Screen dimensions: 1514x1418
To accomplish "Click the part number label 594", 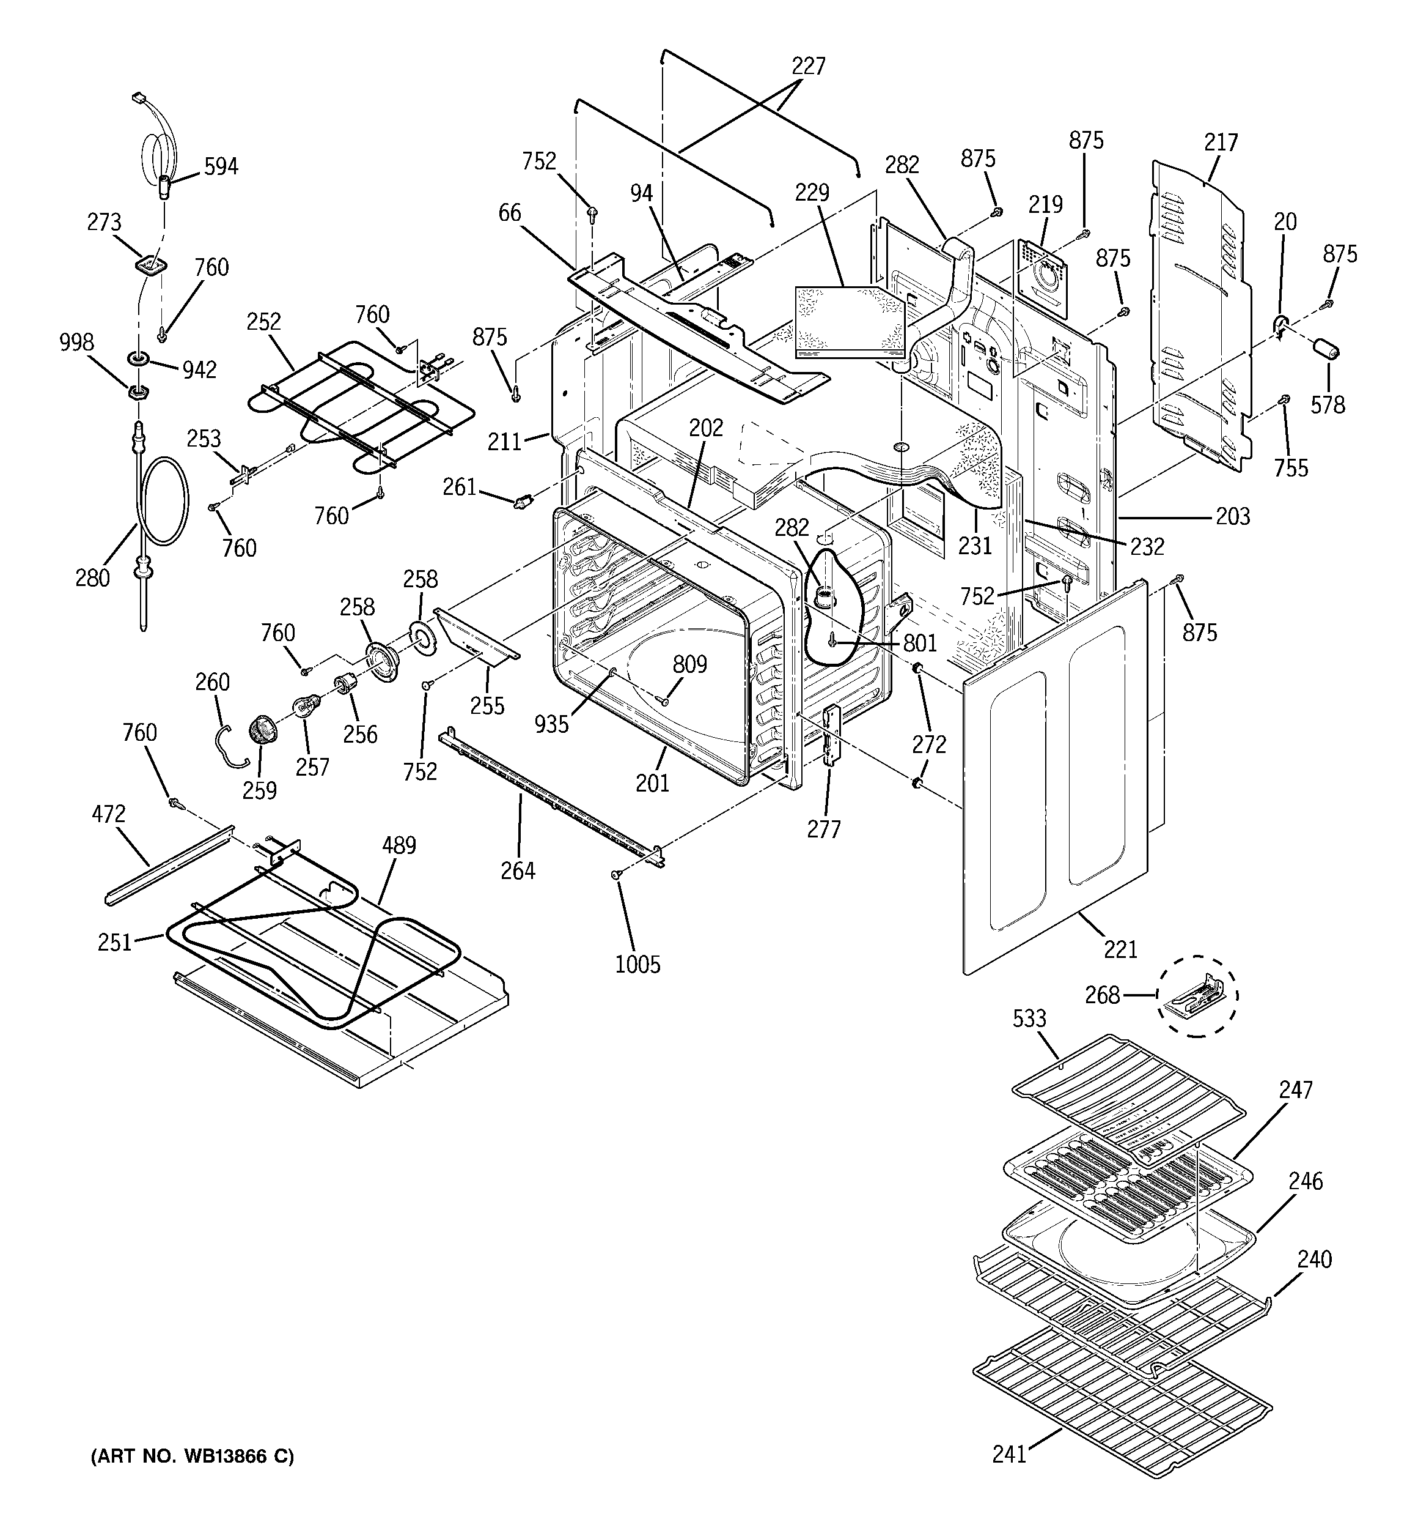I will [221, 166].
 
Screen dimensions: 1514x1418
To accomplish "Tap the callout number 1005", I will [638, 964].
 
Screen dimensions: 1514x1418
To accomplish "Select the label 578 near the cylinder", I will [1328, 404].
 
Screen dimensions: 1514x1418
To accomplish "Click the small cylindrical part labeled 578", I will [1324, 351].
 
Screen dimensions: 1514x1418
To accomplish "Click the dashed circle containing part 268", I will [1198, 995].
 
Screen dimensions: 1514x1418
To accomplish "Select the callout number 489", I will [399, 845].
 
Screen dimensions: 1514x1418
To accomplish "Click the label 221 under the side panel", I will [1120, 949].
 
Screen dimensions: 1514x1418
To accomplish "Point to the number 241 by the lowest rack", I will [1009, 1454].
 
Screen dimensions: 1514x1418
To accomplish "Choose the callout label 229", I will [812, 193].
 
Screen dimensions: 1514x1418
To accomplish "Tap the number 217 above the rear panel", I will [1221, 142].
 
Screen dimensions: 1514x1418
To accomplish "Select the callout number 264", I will [518, 870].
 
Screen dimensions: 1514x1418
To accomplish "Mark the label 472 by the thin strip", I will [108, 814].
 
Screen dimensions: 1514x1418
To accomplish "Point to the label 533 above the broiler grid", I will [1029, 1019].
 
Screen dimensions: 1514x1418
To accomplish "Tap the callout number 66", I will [509, 212].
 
